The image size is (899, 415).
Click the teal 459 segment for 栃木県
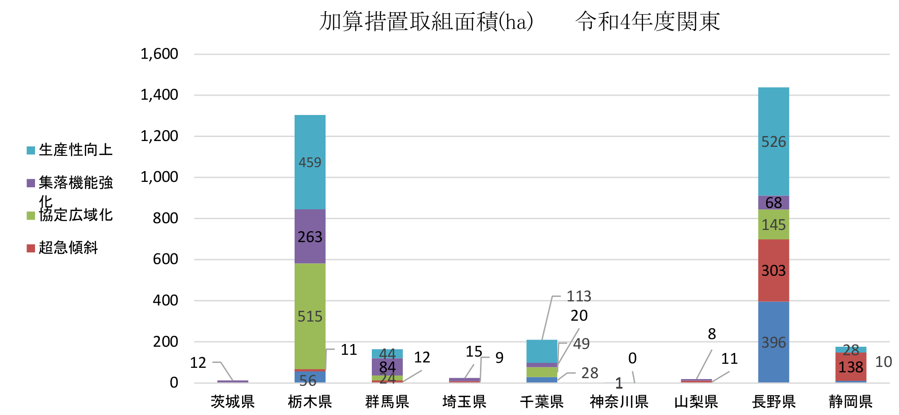point(310,162)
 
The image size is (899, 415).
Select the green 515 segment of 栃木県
point(310,316)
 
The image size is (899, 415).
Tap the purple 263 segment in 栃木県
point(310,236)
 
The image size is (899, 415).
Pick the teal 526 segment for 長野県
point(773,141)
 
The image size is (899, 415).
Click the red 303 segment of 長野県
point(773,270)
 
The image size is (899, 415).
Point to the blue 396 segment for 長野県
point(773,342)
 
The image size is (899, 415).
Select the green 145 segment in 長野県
point(773,225)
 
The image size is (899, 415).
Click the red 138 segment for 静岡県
point(851,367)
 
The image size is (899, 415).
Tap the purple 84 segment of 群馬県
point(387,366)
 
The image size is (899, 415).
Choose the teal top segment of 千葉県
point(542,351)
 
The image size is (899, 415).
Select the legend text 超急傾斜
point(68,247)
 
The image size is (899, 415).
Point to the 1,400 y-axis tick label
point(159,95)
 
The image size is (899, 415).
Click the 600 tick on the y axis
point(165,259)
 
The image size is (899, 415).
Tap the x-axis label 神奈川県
point(619,402)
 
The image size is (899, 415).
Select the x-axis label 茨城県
point(233,402)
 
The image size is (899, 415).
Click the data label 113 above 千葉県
point(579,296)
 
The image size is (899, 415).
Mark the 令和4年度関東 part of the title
point(648,22)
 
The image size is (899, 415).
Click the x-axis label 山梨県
point(696,402)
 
